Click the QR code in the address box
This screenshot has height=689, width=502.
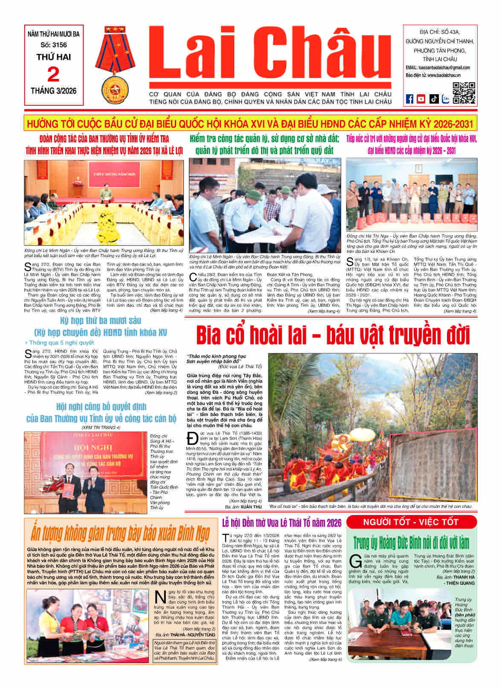click(464, 93)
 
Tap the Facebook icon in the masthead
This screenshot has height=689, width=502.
click(409, 99)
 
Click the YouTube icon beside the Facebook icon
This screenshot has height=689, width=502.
click(421, 99)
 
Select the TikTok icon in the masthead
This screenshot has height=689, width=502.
click(434, 99)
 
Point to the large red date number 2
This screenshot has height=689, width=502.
click(53, 75)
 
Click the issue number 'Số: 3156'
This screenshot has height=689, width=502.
click(53, 45)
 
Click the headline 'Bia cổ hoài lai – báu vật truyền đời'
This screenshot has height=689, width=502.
click(333, 336)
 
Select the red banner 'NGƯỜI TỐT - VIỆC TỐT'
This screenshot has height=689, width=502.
click(411, 522)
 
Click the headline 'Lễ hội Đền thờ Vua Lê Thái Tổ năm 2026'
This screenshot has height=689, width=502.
click(282, 523)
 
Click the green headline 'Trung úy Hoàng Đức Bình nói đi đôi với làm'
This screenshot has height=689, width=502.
click(411, 543)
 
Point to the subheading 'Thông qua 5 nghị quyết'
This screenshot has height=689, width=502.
click(61, 342)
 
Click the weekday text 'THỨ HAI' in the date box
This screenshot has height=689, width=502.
click(53, 57)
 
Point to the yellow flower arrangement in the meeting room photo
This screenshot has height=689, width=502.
click(105, 223)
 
